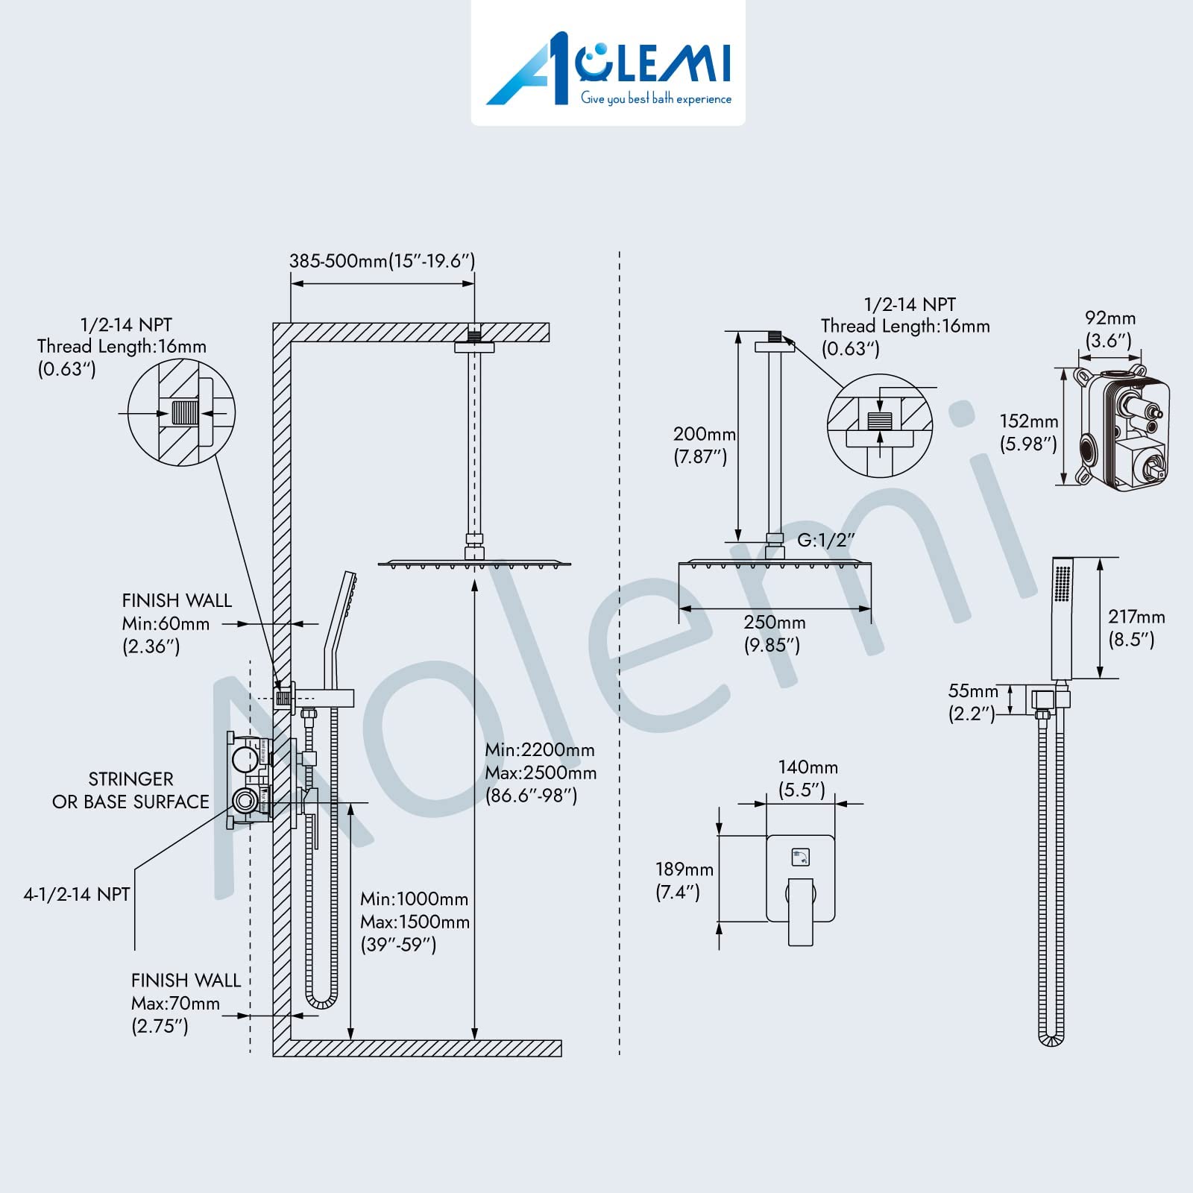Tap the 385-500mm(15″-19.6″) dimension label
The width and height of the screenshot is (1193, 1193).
click(382, 261)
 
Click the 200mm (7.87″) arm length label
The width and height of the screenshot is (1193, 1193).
click(703, 445)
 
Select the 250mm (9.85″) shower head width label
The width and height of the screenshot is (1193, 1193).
click(774, 633)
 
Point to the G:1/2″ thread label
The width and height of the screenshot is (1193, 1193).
click(825, 540)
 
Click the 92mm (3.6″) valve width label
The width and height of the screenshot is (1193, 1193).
click(1109, 329)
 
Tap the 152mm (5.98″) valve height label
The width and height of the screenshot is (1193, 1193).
click(1028, 432)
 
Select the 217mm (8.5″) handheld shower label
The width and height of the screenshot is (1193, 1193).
click(1136, 627)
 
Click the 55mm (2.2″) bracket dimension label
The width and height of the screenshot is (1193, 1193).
click(972, 702)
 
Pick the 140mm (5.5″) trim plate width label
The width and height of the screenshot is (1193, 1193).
click(808, 778)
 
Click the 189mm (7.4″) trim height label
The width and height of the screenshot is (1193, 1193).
click(684, 880)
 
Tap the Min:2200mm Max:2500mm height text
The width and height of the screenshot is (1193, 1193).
click(541, 772)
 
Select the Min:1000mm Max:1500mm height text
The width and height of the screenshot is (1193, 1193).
click(415, 922)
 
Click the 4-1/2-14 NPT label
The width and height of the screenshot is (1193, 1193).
click(77, 894)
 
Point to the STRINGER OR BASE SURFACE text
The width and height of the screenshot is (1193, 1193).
click(130, 790)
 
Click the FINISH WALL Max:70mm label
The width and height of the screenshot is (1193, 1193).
click(185, 1003)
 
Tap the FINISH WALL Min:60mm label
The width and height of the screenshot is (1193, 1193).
click(177, 623)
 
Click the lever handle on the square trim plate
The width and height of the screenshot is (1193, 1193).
click(800, 911)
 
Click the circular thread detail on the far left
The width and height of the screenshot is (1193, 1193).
click(181, 412)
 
